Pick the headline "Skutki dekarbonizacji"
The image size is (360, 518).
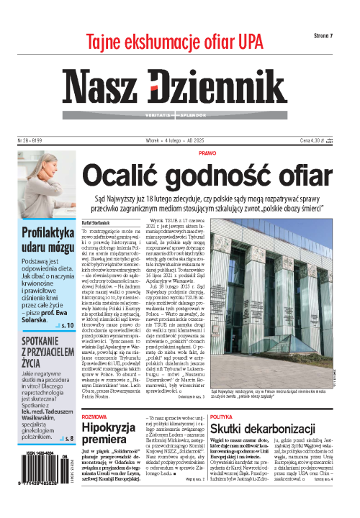point(295,430)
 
